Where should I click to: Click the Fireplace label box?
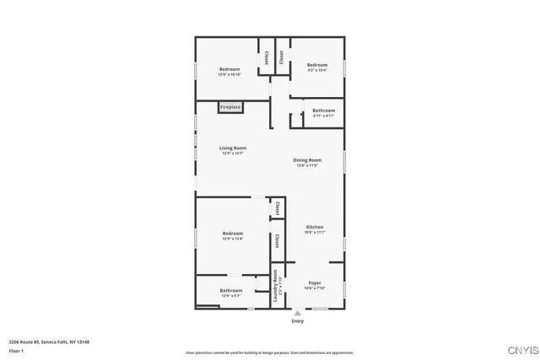point(230,107)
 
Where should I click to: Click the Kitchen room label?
point(315,227)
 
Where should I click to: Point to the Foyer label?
point(315,282)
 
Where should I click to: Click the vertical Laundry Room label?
point(275,287)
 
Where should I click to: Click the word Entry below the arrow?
point(297,321)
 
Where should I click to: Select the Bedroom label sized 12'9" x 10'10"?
point(229,69)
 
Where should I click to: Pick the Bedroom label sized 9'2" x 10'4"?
point(316,65)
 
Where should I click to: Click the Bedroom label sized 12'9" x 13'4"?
point(232,234)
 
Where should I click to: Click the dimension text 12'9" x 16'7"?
point(232,153)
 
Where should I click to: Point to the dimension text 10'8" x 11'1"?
point(315,232)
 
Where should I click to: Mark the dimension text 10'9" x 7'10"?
point(315,288)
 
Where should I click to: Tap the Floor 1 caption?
point(16,350)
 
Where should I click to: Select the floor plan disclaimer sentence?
point(269,352)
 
